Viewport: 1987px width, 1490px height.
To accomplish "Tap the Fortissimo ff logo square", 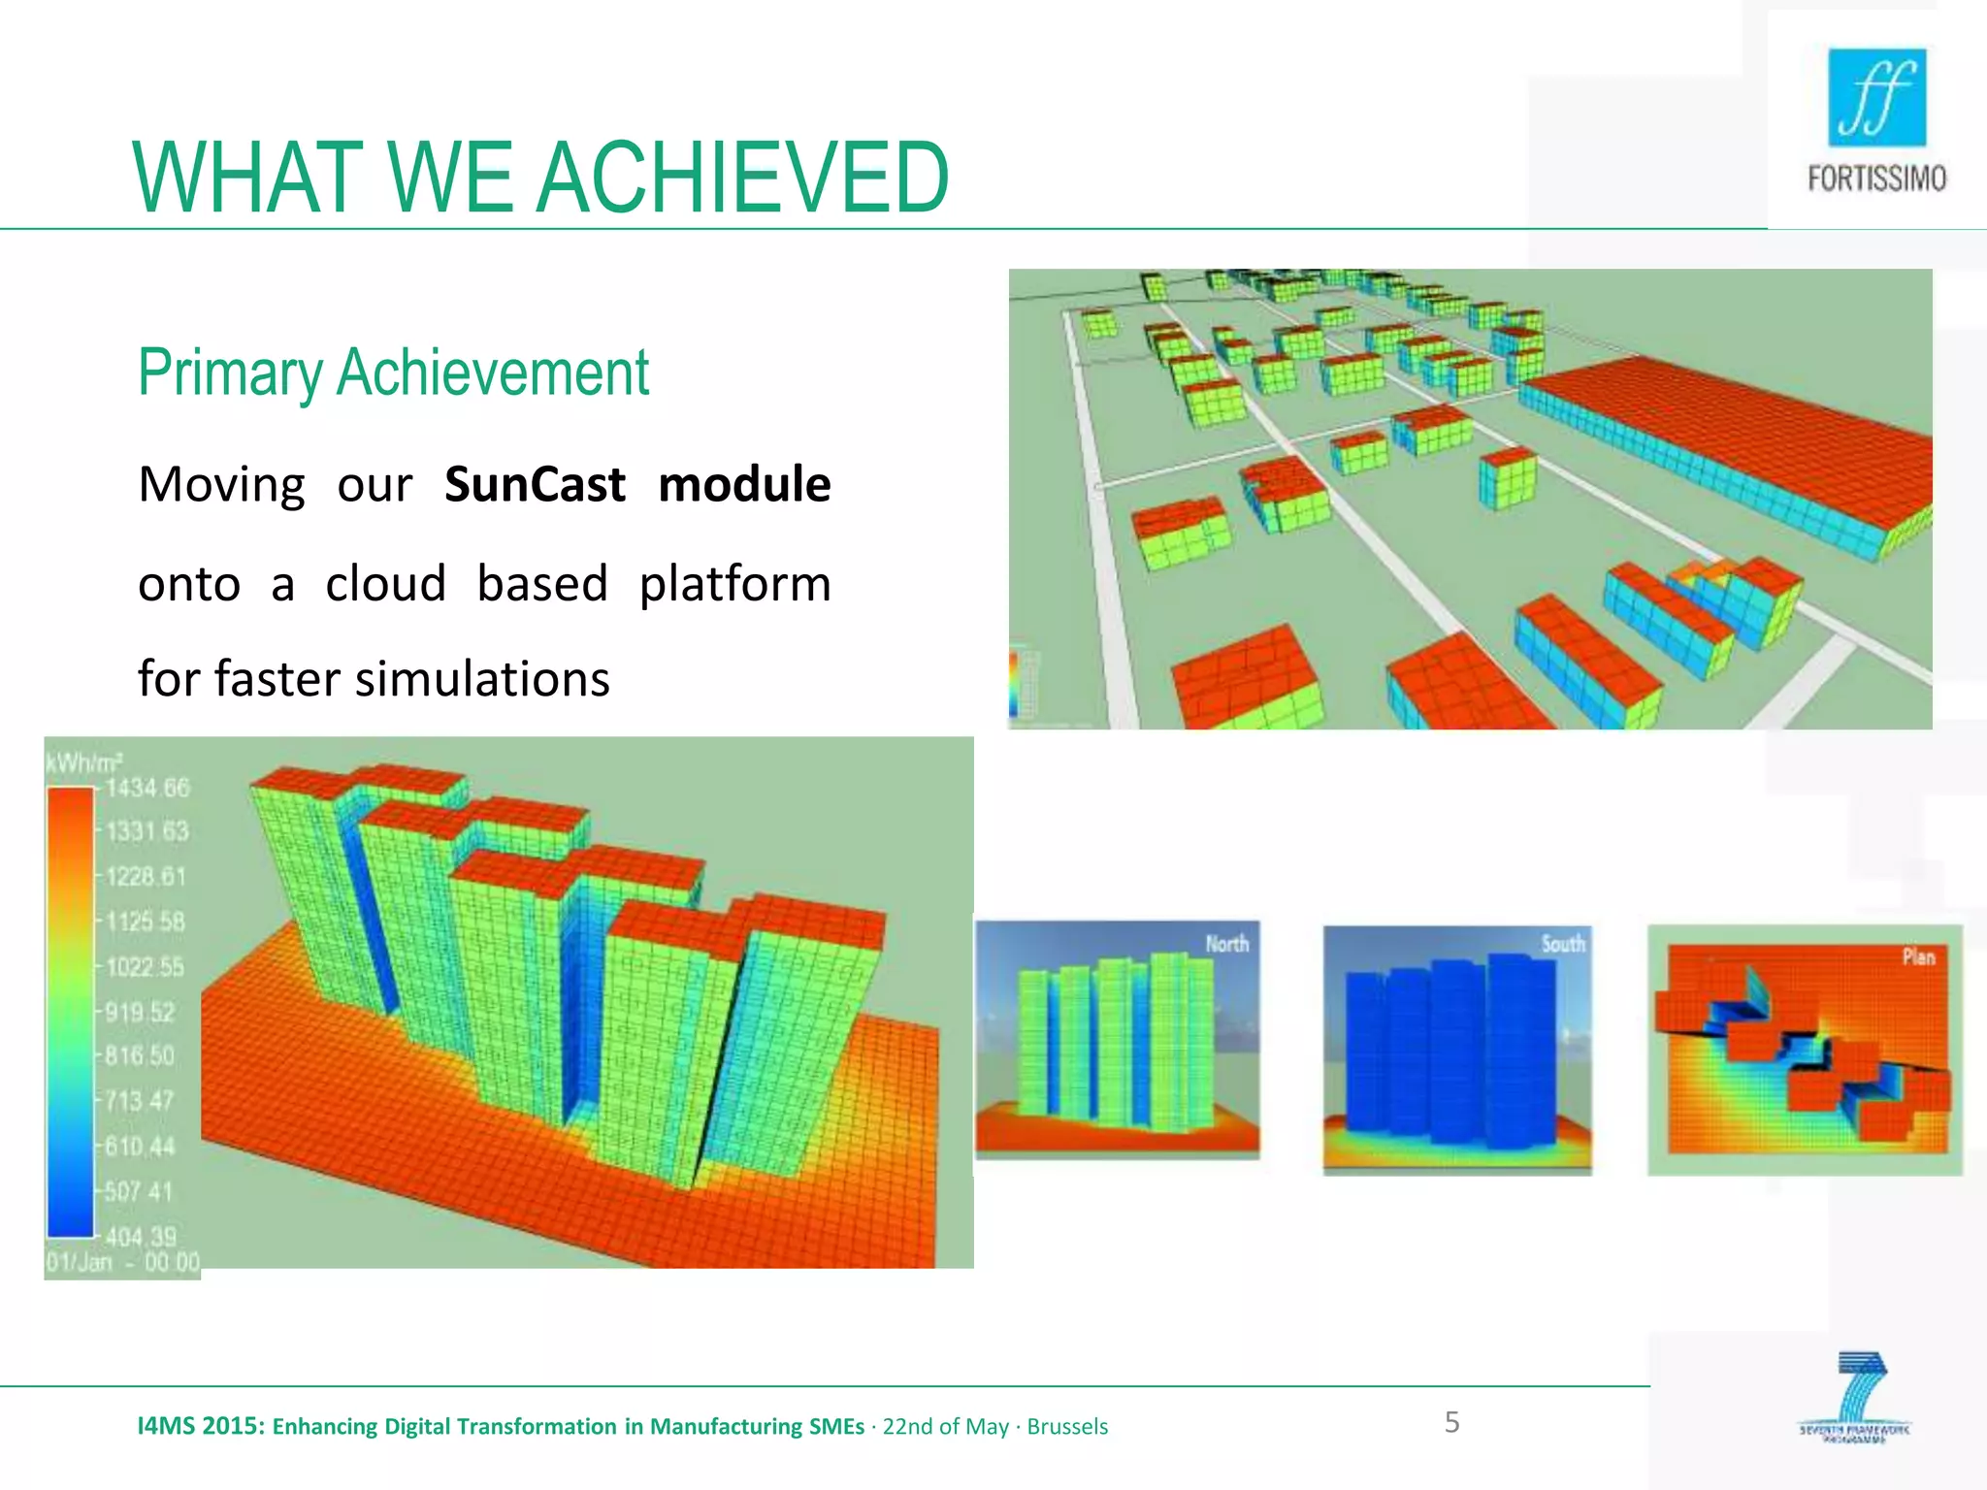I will (1876, 98).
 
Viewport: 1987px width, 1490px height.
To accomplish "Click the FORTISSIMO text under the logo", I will (1876, 179).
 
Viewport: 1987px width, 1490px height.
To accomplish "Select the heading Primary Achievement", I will (393, 372).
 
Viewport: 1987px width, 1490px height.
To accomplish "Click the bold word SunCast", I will (535, 484).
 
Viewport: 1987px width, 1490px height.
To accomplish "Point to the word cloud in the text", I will (385, 584).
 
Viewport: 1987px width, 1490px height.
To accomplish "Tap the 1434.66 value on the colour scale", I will (147, 788).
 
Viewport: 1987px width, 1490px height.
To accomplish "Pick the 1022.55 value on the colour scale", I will (146, 967).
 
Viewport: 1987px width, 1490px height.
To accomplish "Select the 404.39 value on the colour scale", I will (142, 1237).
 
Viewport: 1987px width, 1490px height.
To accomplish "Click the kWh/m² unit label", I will (83, 763).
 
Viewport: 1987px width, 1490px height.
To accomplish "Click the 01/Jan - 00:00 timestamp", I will (123, 1263).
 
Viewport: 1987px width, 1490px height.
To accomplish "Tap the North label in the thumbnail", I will (1226, 944).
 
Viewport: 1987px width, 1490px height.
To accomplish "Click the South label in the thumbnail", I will (1562, 944).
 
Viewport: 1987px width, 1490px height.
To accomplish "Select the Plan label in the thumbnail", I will (1918, 957).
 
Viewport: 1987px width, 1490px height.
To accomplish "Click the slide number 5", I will (1451, 1422).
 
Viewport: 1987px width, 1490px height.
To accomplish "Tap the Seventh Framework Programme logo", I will (1855, 1397).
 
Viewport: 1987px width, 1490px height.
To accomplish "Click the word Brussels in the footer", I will (1067, 1427).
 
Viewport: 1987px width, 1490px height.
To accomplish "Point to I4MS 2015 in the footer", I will (200, 1426).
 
